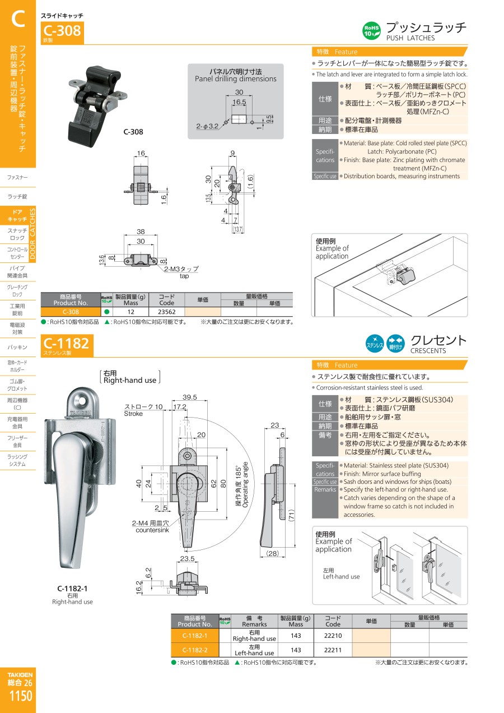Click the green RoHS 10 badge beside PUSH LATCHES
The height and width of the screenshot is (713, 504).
(x=371, y=31)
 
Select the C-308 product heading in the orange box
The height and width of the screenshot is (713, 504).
(x=62, y=31)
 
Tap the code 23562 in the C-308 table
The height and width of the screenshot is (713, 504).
(x=167, y=312)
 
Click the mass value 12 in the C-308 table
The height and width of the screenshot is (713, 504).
(x=130, y=312)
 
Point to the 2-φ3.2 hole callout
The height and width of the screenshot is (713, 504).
(x=207, y=126)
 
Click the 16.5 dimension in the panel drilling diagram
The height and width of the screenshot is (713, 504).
(x=239, y=102)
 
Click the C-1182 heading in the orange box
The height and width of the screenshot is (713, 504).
(x=66, y=343)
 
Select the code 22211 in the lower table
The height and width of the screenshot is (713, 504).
(x=333, y=650)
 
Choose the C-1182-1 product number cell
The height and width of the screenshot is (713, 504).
(x=195, y=636)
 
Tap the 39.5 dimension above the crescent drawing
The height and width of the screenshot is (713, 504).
(x=189, y=397)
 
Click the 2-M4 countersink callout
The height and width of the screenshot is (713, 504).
(x=151, y=526)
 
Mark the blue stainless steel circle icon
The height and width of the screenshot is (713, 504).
(x=375, y=344)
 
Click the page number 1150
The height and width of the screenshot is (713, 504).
(x=21, y=696)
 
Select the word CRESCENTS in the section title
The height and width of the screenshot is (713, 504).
(x=428, y=350)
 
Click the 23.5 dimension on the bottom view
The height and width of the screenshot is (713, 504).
(x=187, y=558)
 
